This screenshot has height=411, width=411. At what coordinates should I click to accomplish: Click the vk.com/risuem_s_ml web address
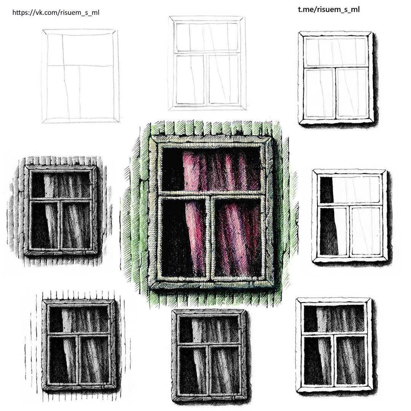tap(56, 12)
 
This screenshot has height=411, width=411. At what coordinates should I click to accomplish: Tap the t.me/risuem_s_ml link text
tap(329, 10)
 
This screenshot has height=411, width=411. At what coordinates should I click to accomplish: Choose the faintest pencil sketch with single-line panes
tap(81, 76)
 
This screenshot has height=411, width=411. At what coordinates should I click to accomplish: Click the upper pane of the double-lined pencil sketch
tap(208, 37)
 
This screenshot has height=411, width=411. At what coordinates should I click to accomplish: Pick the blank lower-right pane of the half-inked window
tap(366, 231)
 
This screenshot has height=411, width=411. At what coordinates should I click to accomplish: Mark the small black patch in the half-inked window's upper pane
tap(326, 190)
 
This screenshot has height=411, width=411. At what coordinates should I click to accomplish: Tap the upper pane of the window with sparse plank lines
tap(79, 320)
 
